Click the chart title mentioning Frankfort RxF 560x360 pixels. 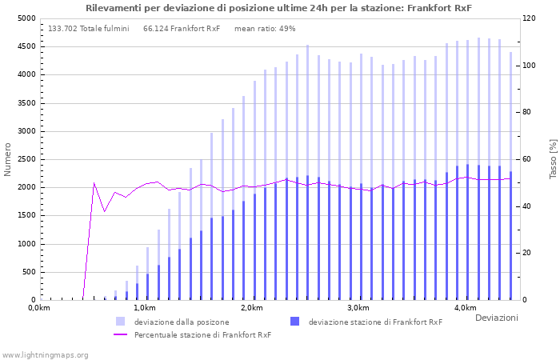point(279,8)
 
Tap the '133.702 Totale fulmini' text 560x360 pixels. point(88,29)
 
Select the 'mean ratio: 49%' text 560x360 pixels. point(265,29)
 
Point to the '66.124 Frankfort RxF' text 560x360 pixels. point(182,29)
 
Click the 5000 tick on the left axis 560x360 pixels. point(26,18)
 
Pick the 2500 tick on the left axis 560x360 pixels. point(26,159)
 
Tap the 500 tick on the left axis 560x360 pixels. point(28,272)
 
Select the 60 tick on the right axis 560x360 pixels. point(528,159)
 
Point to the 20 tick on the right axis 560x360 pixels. point(528,253)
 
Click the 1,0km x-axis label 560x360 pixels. point(145,308)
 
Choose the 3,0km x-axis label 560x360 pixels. point(358,308)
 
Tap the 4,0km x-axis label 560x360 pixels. point(465,308)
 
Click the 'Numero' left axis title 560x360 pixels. point(8,159)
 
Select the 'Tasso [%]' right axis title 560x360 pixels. point(553,159)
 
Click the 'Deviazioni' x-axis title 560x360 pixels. point(496,318)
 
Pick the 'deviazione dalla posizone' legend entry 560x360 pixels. point(181,322)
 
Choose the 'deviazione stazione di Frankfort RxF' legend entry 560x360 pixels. point(374,322)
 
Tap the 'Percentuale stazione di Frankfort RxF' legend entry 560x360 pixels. point(202,334)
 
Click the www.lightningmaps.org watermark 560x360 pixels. point(45,354)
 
